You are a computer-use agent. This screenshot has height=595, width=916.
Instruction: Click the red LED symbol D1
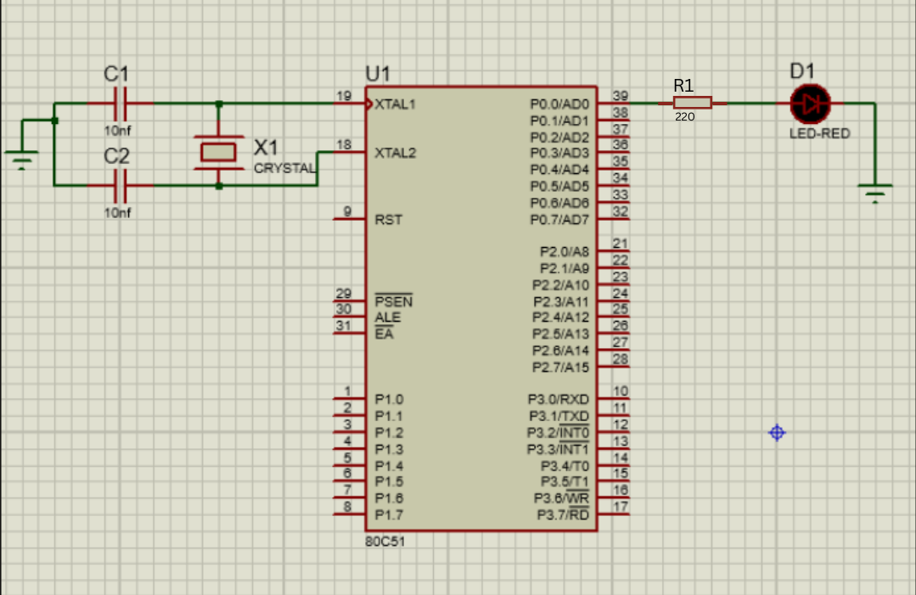tap(810, 104)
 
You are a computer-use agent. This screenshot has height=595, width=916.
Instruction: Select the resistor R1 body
tap(692, 103)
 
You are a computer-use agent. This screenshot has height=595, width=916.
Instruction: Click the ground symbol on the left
tap(22, 158)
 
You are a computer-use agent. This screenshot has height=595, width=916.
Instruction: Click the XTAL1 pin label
tap(396, 104)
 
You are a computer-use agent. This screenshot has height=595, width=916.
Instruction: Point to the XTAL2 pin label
tap(396, 154)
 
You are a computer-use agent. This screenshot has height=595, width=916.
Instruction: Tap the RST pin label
tap(388, 220)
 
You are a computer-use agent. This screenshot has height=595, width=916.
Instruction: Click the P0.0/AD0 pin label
tap(559, 104)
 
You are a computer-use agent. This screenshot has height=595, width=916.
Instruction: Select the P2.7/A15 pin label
tap(560, 368)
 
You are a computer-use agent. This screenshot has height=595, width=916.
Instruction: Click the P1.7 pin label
tap(389, 515)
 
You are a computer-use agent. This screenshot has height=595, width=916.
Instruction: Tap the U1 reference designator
tap(378, 75)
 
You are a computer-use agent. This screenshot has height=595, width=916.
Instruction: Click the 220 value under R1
tap(684, 117)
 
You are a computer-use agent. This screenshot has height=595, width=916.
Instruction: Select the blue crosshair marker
tap(777, 433)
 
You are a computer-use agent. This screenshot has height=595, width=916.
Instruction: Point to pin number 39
tap(620, 96)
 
